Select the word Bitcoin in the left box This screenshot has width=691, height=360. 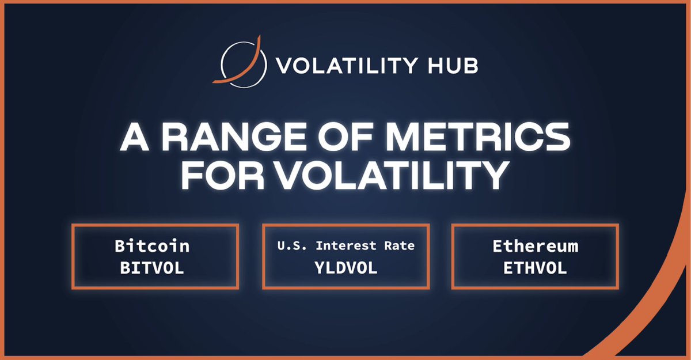[x=152, y=247]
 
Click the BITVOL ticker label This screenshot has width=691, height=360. [x=152, y=268]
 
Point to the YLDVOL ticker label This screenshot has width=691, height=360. [x=345, y=268]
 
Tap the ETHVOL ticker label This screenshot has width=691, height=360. [x=535, y=268]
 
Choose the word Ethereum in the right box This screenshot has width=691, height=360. [x=535, y=247]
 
